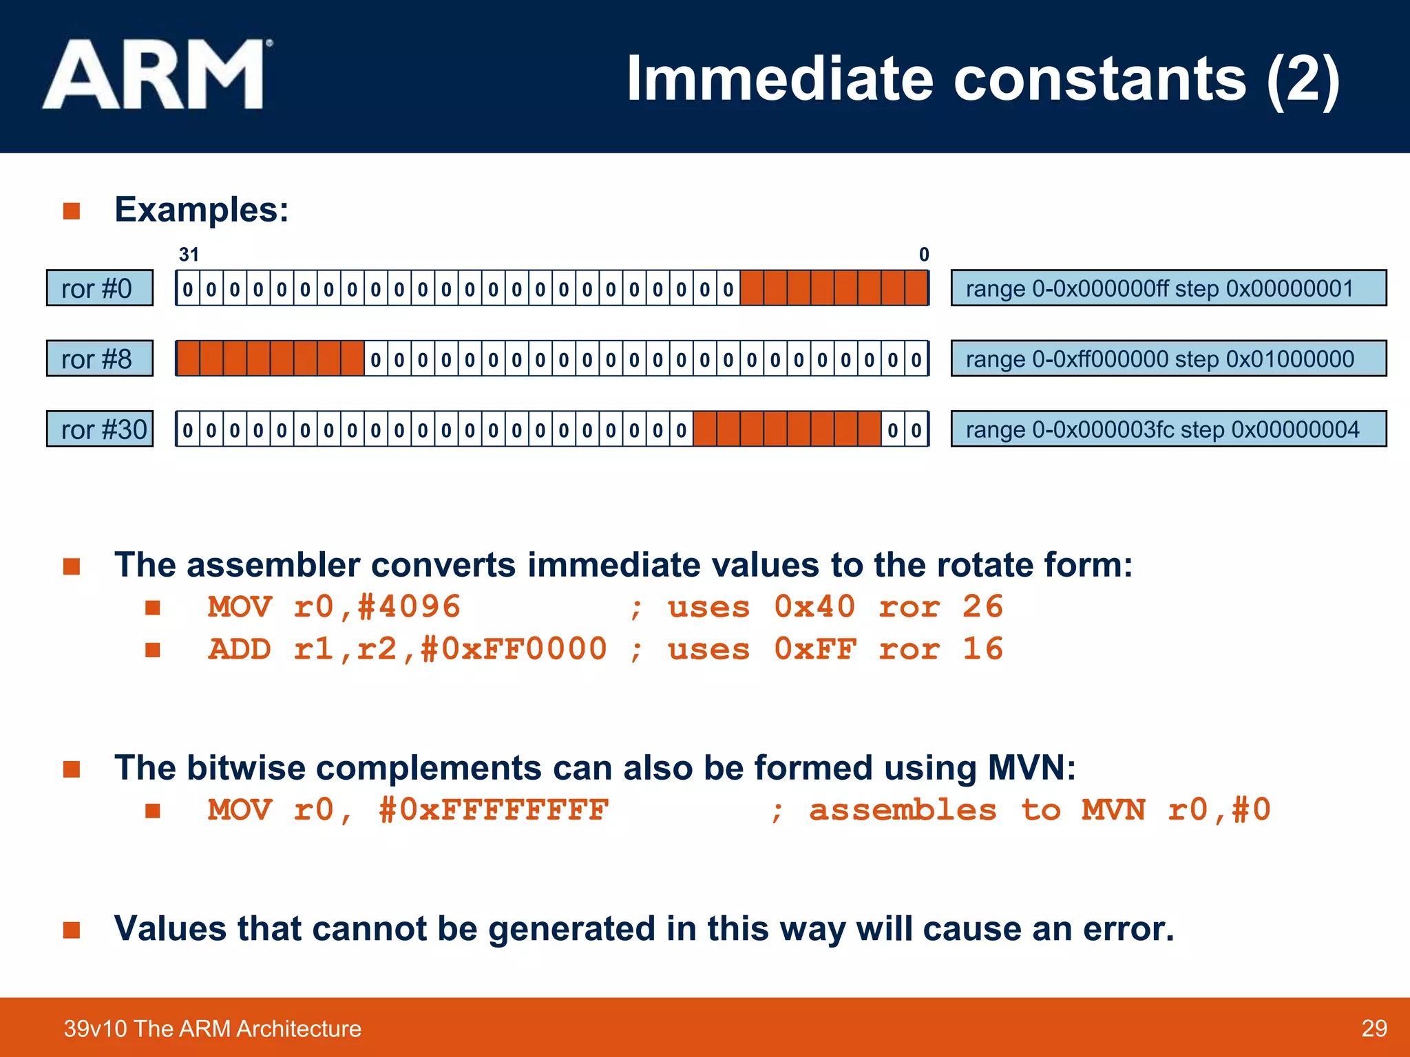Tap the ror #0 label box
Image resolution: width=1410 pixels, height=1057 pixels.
pos(100,288)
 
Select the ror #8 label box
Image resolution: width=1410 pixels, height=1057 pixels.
pos(100,359)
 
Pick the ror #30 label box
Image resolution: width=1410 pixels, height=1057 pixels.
pos(100,429)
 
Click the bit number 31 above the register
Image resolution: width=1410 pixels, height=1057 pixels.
pos(189,255)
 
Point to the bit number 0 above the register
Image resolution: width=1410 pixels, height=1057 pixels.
pos(923,255)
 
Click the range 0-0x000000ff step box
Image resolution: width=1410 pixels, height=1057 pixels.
pos(1168,288)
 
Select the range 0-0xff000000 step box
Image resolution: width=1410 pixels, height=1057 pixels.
pos(1168,359)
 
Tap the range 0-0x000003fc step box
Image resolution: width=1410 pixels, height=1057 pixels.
pos(1168,429)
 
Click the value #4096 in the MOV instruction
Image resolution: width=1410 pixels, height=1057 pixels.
pos(409,607)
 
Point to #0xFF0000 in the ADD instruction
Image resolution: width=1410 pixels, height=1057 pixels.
pos(514,649)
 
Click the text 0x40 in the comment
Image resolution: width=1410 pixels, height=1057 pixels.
pos(814,607)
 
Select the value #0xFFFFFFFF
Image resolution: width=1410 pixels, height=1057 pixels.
pos(494,810)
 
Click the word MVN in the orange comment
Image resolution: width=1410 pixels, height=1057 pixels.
pos(1113,810)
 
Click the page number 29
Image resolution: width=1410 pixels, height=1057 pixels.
pos(1374,1028)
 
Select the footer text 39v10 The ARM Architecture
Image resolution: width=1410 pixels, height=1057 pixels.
pos(212,1028)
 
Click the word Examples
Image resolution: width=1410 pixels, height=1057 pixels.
pos(201,209)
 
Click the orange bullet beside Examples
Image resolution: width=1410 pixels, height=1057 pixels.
pos(72,211)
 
